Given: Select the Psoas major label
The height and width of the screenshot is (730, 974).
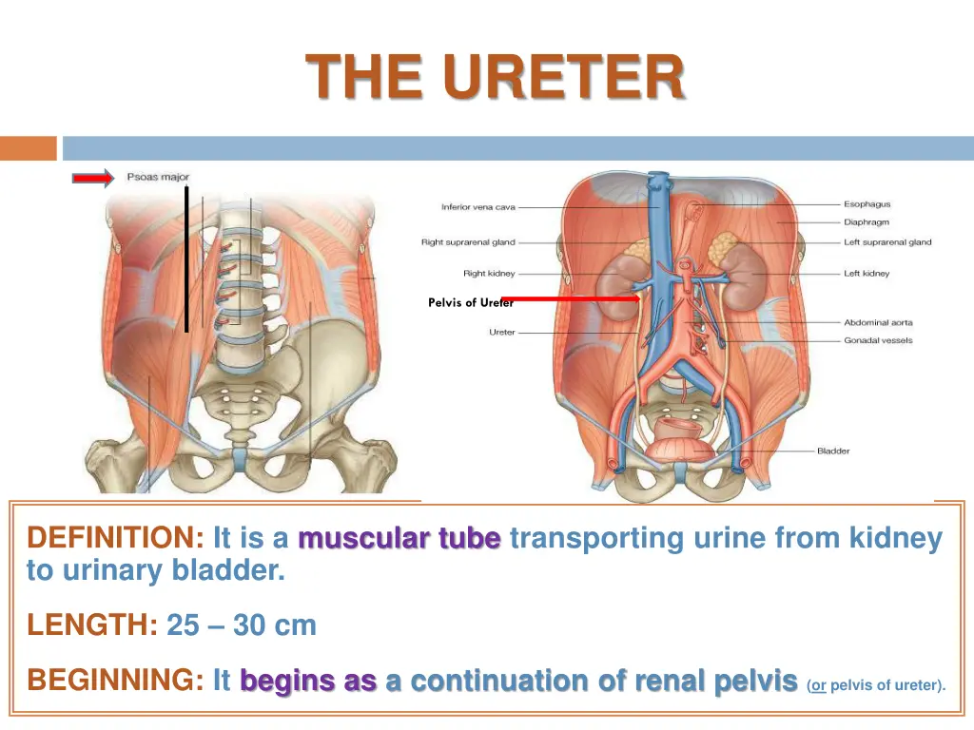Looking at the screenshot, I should [158, 177].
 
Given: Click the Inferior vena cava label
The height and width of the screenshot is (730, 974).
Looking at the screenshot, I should [478, 207].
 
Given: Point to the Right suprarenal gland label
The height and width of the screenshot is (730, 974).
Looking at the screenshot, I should [468, 242].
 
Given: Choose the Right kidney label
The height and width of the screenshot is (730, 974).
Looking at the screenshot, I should [489, 274].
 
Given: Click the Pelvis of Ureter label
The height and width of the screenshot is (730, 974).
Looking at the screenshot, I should [470, 303].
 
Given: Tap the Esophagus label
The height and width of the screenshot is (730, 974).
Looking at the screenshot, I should [867, 203].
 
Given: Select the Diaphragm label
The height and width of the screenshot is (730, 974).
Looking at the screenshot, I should [867, 222].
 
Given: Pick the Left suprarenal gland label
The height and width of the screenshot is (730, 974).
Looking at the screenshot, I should [887, 242].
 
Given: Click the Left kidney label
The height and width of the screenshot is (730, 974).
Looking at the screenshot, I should [866, 274].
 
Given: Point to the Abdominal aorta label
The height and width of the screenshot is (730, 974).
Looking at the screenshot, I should [878, 323].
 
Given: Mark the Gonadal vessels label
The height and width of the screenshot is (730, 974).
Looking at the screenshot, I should [878, 340].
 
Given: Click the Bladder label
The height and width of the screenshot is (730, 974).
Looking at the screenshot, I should [833, 451].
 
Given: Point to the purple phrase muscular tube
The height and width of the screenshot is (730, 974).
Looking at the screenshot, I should [399, 539].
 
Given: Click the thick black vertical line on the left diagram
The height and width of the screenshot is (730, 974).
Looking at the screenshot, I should [186, 259].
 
